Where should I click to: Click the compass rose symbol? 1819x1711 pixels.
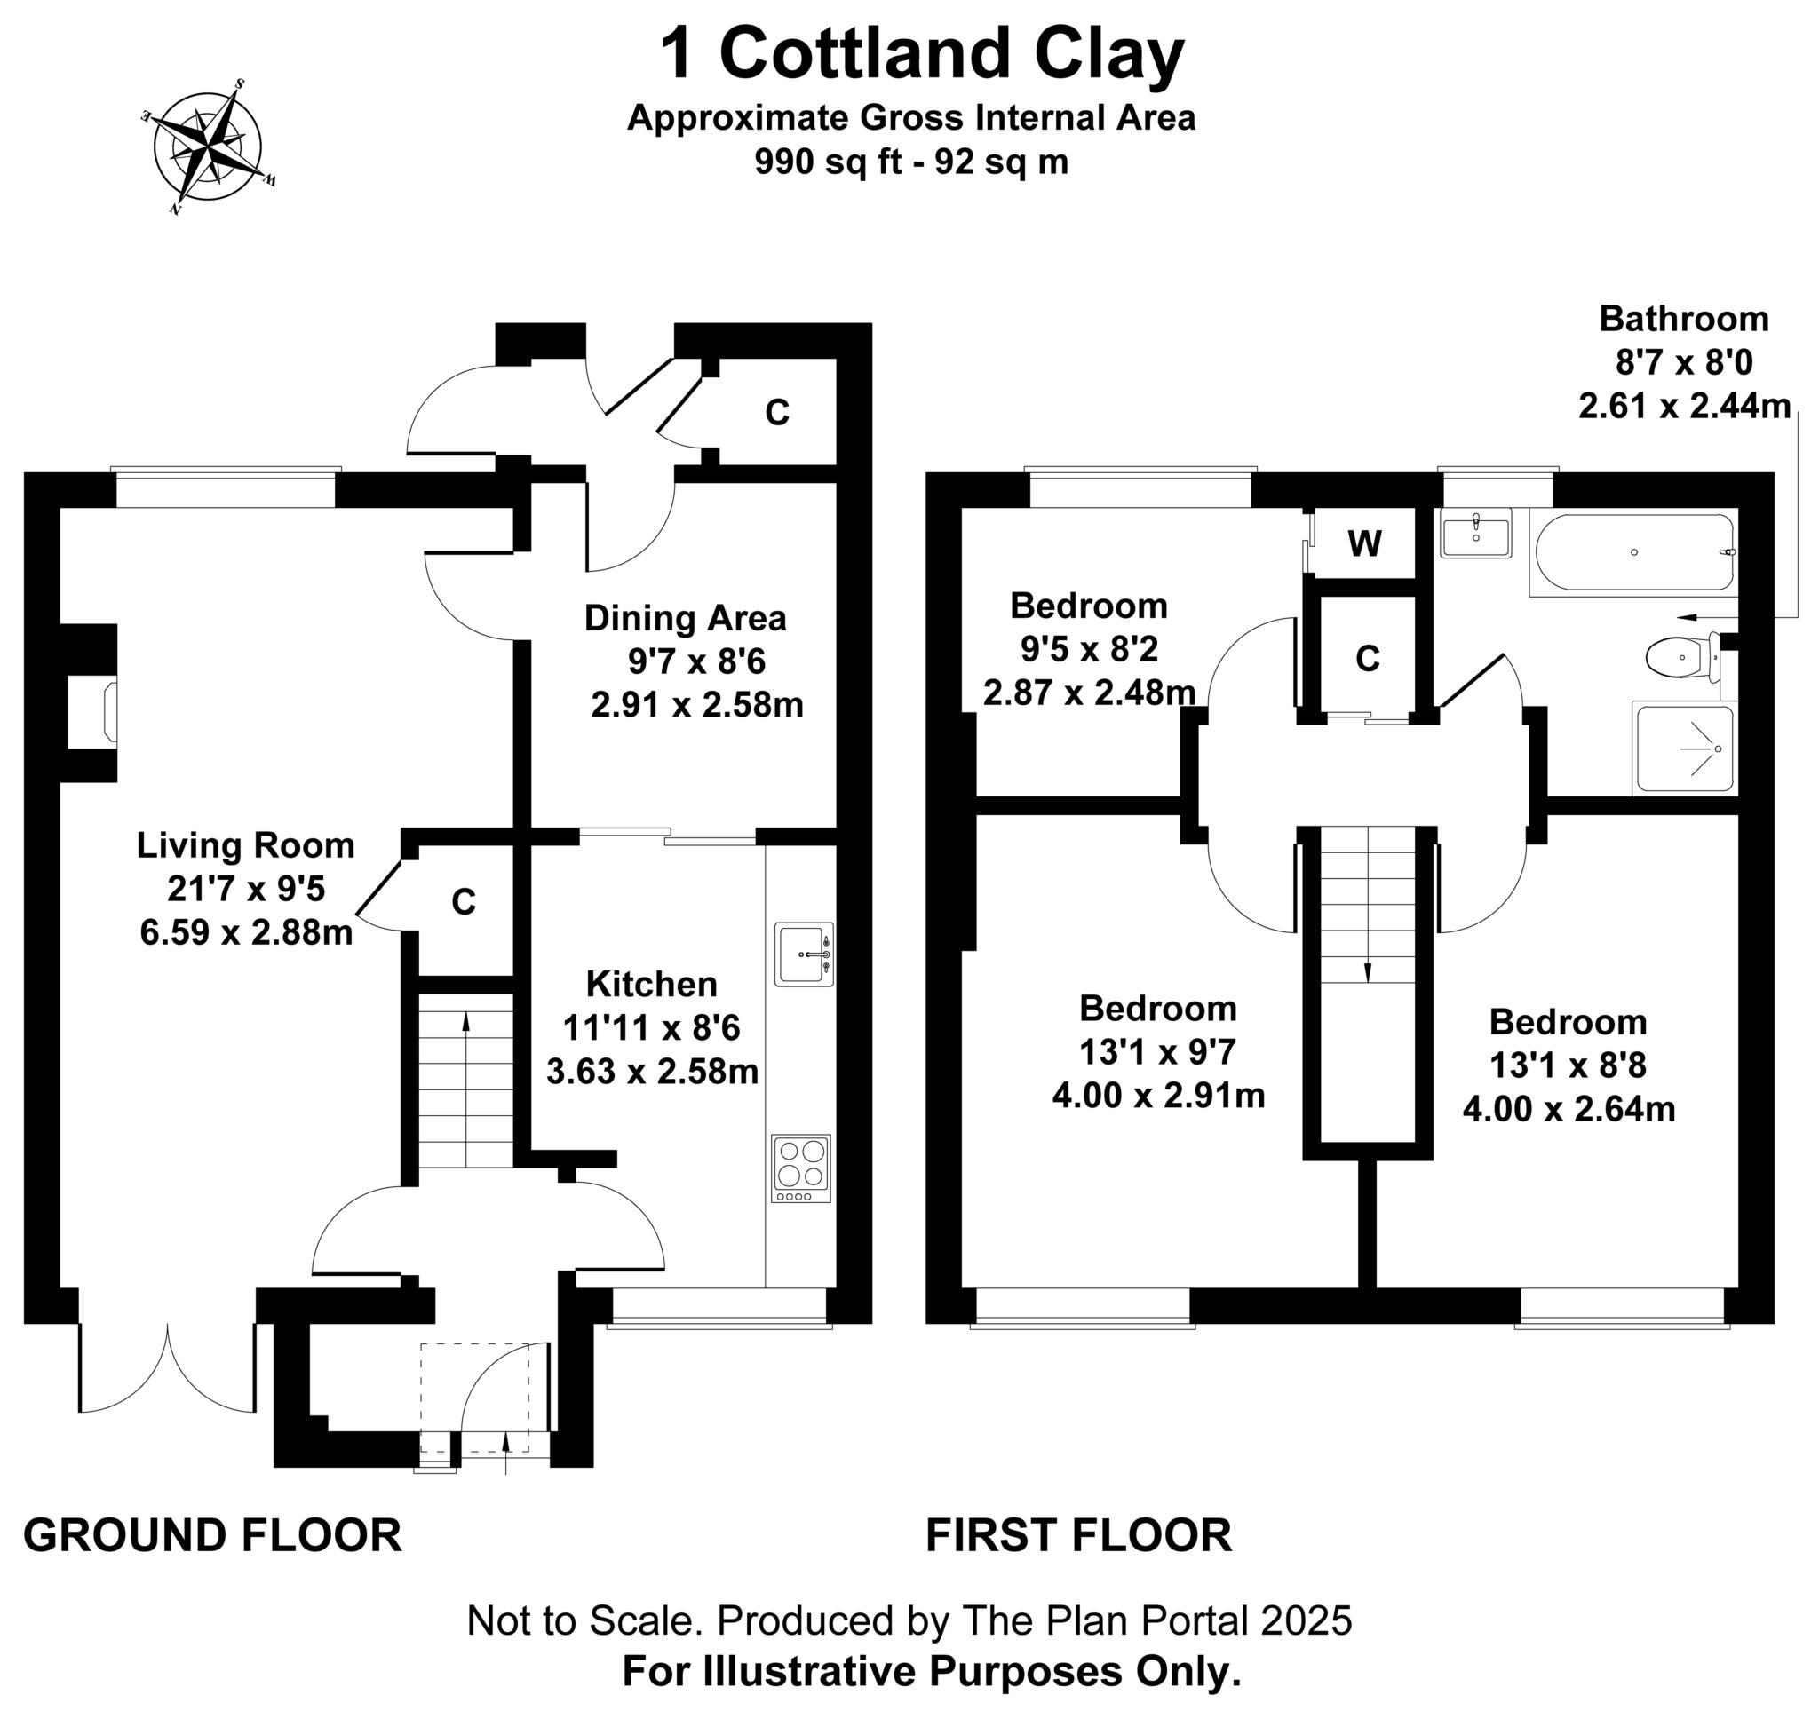coord(209,147)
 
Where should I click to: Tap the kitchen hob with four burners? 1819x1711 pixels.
coord(800,1168)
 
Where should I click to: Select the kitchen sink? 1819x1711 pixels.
coord(803,954)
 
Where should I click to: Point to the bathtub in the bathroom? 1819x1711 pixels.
coord(1634,552)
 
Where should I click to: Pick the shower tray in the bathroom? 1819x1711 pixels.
coord(1684,748)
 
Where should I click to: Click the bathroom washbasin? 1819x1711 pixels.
coord(1475,532)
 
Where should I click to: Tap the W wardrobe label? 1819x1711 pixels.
coord(1364,544)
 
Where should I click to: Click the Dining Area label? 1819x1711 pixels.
coord(685,618)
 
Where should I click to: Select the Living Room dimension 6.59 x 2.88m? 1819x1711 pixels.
coord(246,933)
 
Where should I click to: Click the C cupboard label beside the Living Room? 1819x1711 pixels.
coord(464,903)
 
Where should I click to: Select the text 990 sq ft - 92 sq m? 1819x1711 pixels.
coord(910,162)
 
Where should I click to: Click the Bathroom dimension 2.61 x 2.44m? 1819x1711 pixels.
coord(1684,405)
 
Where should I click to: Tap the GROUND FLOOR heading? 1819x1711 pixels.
coord(212,1535)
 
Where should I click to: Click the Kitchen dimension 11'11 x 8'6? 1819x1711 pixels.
coord(650,1028)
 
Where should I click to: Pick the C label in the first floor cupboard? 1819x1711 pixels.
coord(1367,659)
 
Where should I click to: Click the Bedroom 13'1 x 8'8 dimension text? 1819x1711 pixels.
coord(1568,1065)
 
